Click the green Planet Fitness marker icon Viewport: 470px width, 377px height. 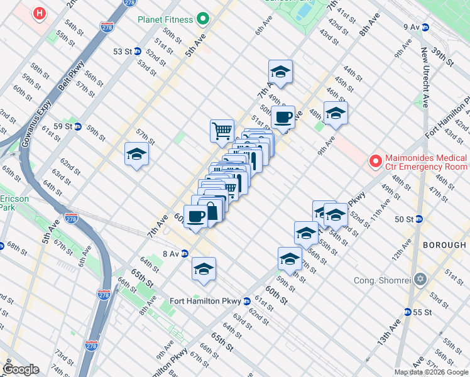point(202,19)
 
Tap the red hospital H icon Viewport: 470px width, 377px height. point(40,13)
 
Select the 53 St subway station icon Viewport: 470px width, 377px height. point(137,51)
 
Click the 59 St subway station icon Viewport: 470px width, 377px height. point(78,126)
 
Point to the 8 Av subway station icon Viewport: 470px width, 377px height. point(185,254)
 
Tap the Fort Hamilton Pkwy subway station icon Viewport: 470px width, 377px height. point(248,301)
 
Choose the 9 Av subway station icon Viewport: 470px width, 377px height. point(425,27)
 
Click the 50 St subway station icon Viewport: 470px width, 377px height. point(418,219)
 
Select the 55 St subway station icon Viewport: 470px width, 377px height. point(408,312)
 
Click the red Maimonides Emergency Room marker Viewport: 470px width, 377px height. point(375,161)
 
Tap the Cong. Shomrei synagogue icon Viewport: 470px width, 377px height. point(420,278)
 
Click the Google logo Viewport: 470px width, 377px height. point(21,369)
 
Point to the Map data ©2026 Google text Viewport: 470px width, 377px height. point(431,372)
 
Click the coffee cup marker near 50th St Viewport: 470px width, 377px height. point(283,116)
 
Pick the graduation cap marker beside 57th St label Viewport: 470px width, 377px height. point(136,154)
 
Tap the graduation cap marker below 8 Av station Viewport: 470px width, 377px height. point(204,268)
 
